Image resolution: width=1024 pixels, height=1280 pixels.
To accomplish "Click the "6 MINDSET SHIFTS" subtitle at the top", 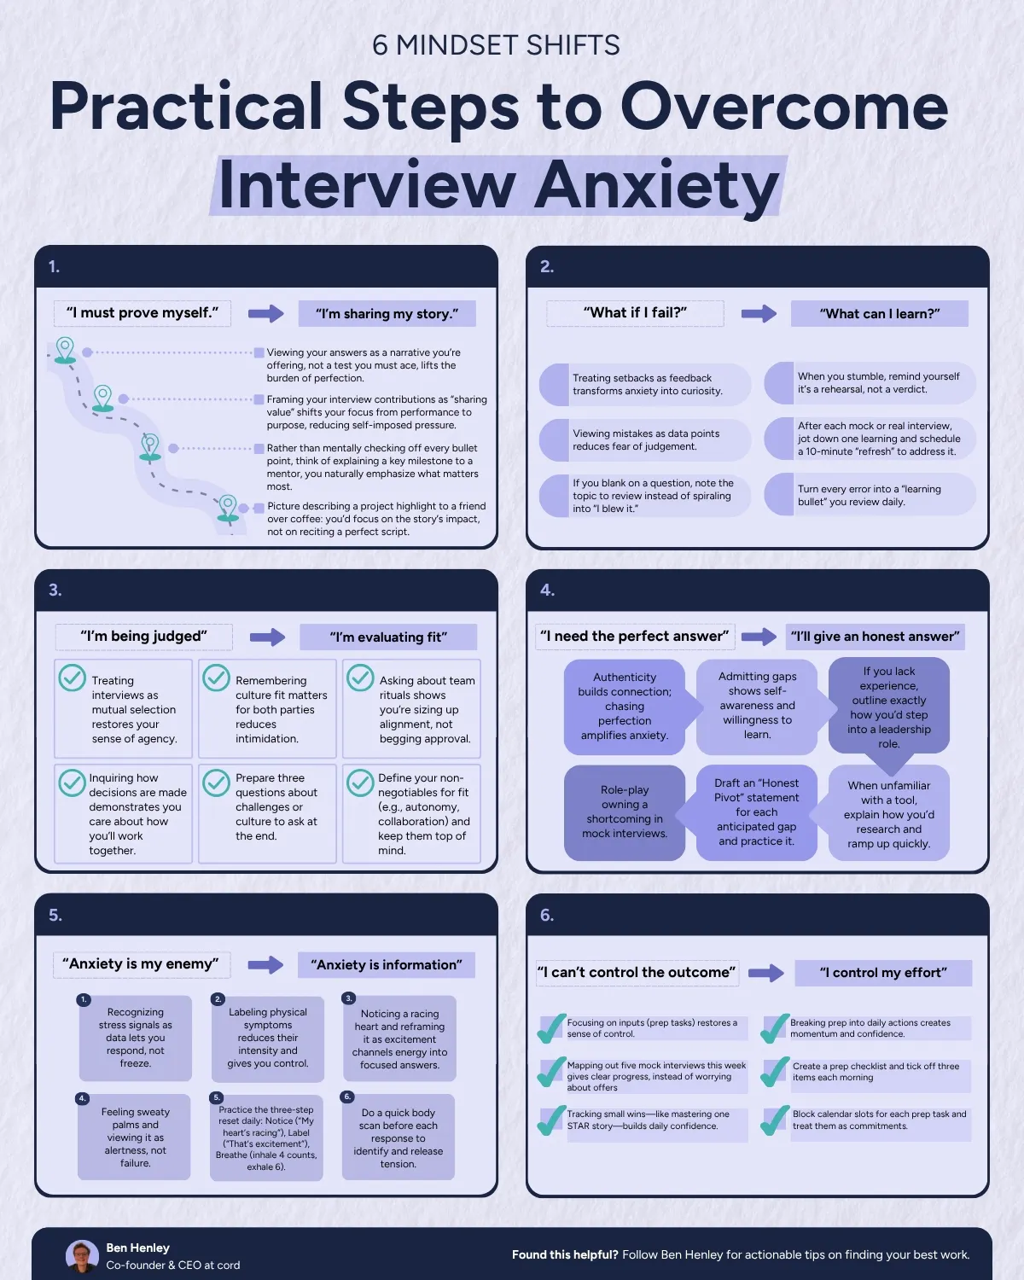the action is (x=496, y=46).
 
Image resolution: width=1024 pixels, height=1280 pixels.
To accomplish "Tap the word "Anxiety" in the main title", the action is (x=656, y=186).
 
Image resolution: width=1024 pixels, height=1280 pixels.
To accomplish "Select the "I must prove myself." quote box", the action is (x=143, y=313).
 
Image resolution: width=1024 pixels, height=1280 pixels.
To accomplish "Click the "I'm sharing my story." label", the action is (x=387, y=313).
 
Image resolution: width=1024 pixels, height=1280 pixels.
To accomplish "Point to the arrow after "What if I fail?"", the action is (x=759, y=313).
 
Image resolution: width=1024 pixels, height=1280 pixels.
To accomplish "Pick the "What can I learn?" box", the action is (x=880, y=313).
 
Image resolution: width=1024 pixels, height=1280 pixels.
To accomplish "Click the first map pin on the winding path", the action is (x=65, y=351).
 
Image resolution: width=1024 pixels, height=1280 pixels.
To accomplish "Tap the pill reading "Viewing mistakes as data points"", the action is (x=645, y=439).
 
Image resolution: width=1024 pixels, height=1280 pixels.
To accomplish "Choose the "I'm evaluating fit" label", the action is (x=388, y=637).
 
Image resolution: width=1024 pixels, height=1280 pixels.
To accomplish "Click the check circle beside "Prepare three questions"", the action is (x=216, y=783).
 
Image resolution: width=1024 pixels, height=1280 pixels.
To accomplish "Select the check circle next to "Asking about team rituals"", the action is (x=360, y=678).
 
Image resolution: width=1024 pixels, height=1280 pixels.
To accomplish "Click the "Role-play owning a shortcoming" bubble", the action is (x=624, y=812).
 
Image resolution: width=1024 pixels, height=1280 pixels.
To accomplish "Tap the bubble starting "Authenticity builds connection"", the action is (x=625, y=706).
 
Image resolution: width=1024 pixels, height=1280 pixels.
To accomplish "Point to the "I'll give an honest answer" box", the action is (x=875, y=637).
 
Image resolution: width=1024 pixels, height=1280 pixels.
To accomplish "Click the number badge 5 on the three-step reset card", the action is (x=217, y=1097).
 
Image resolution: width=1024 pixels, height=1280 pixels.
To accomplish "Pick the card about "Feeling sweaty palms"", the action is (x=135, y=1137).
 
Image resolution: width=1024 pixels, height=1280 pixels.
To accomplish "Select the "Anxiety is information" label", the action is (x=387, y=965).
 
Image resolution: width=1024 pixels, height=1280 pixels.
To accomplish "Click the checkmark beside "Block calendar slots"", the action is (x=775, y=1120).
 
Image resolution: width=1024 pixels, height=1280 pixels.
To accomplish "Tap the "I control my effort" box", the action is (x=883, y=973).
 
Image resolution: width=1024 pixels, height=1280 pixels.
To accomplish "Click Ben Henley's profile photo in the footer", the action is (x=82, y=1256).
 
